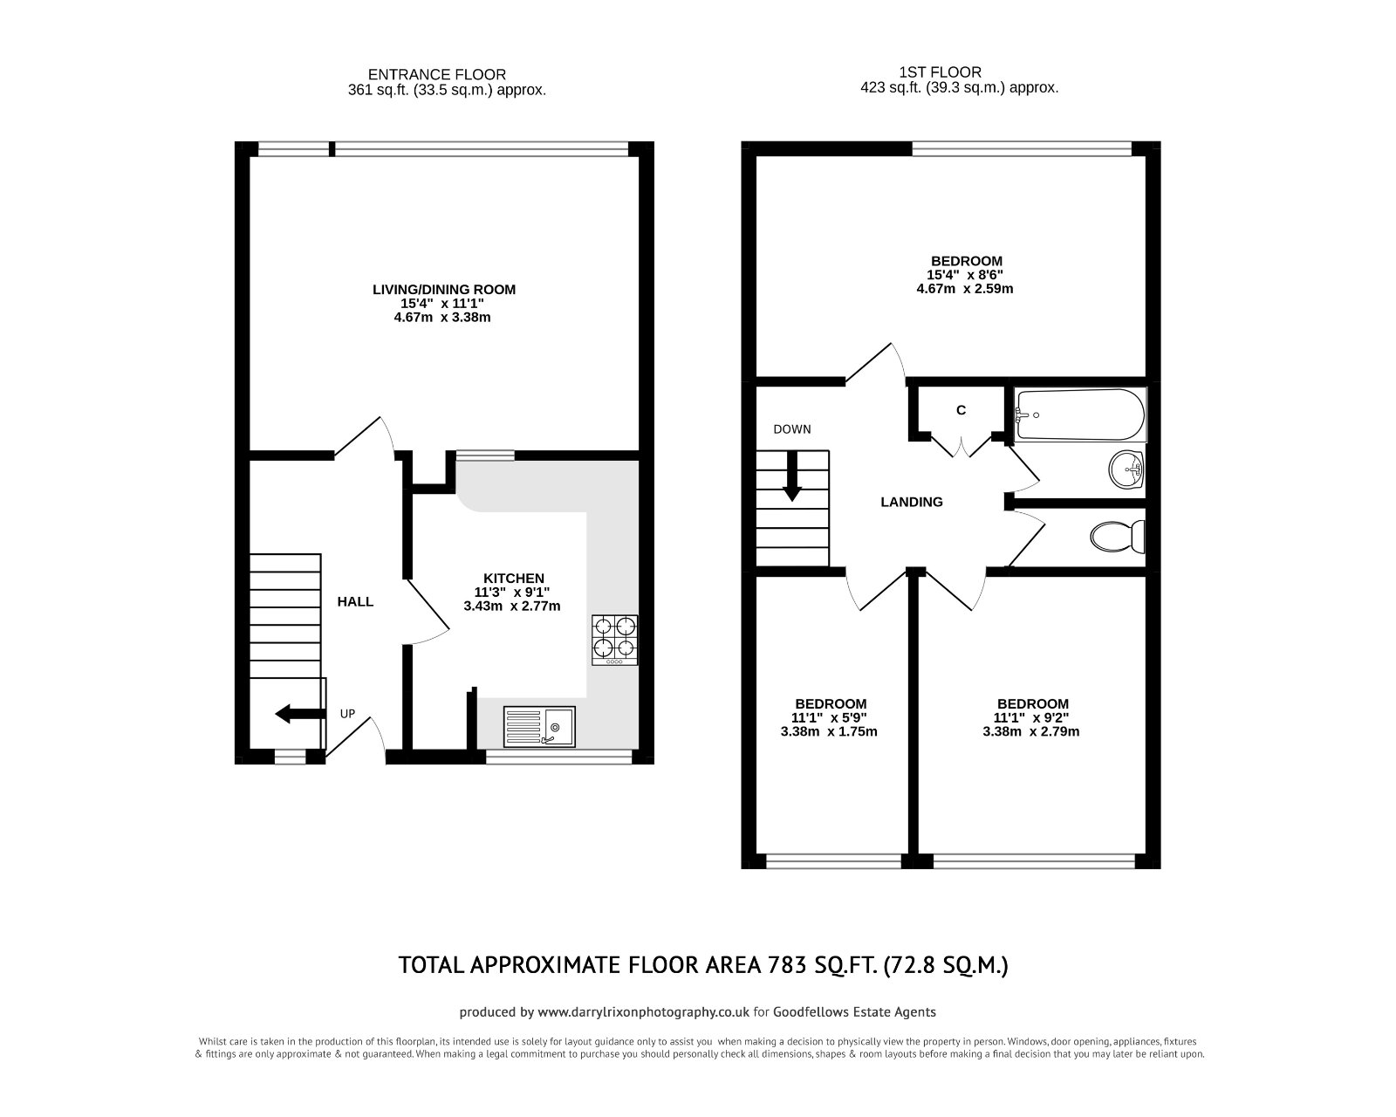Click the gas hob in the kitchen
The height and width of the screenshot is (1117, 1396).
pos(615,639)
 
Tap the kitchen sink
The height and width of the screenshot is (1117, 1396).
pos(539,726)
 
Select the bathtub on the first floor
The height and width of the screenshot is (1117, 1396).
pos(1079,416)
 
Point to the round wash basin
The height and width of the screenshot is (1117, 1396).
pos(1126,471)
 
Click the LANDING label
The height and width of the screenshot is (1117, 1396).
pos(912,502)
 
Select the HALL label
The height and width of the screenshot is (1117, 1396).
pos(355,601)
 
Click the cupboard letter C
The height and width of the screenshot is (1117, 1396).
pos(961,410)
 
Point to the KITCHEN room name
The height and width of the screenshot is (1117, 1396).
pos(514,578)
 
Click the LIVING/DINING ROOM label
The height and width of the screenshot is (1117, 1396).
pos(443,290)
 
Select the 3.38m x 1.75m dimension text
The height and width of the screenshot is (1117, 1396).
pos(829,731)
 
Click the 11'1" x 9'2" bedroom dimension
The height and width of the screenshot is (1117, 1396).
pos(1032,717)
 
